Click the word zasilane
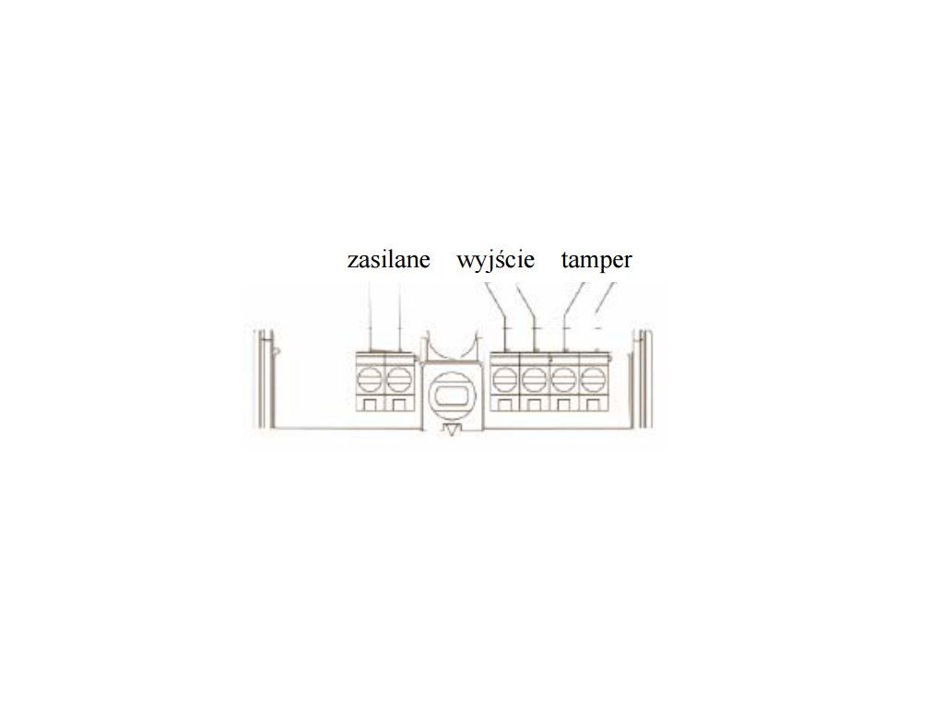pos(388,260)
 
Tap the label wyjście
pos(495,261)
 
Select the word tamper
pos(596,260)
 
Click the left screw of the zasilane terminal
pos(371,378)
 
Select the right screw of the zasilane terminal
pos(397,378)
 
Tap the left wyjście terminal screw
pos(504,378)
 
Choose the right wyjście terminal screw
pos(534,378)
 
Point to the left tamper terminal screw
pos(563,378)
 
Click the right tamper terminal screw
pos(592,378)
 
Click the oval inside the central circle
pos(450,394)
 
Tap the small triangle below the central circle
pos(451,431)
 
